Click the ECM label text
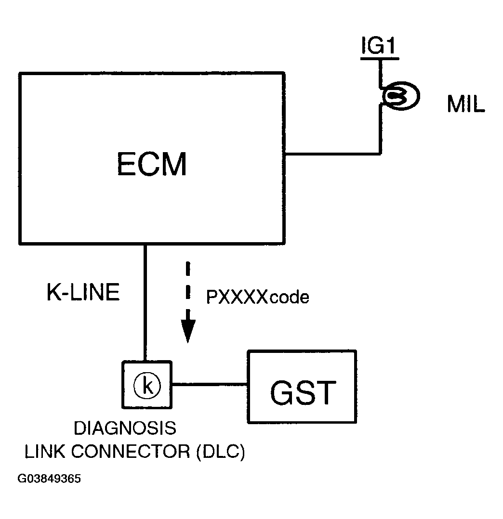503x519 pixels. coord(151,165)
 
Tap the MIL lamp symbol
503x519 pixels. coord(400,96)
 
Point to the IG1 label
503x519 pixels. coord(379,46)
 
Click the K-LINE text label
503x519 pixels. coord(83,293)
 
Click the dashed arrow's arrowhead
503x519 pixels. coord(188,331)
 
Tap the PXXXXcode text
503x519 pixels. coord(257,298)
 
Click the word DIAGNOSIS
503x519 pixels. coord(124,427)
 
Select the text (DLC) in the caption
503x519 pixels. coord(221,452)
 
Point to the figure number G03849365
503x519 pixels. coord(49,480)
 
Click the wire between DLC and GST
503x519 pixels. coord(209,384)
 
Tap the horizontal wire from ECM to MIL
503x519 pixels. coord(332,154)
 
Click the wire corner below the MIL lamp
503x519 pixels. coord(380,154)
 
